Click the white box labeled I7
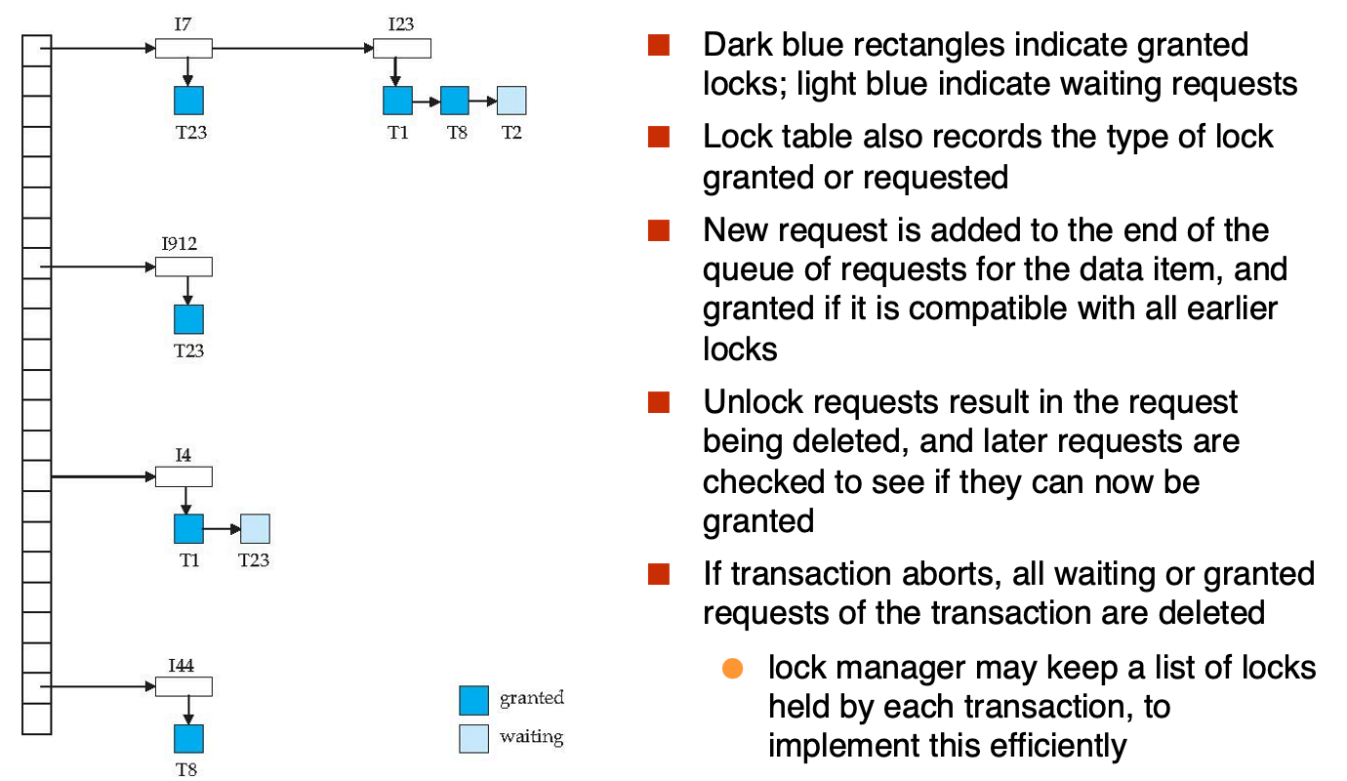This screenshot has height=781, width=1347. (x=184, y=48)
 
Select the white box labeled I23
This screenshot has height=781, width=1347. (x=402, y=48)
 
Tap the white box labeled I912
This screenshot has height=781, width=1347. (x=184, y=267)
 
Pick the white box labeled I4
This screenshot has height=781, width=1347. (x=184, y=476)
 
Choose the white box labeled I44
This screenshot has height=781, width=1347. (x=184, y=686)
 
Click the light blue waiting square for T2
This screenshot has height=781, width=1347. (x=511, y=101)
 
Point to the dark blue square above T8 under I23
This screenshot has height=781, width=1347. (x=455, y=101)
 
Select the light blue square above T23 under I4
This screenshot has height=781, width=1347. (x=255, y=528)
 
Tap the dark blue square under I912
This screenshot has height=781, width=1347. (x=188, y=319)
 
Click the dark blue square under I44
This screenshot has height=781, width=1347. (x=188, y=739)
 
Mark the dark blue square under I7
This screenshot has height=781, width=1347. (x=188, y=101)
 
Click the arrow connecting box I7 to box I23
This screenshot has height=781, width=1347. (x=293, y=48)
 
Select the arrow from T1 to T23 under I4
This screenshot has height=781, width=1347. (x=222, y=529)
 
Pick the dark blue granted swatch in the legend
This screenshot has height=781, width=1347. (x=473, y=700)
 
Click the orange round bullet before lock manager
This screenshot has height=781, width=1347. (x=732, y=668)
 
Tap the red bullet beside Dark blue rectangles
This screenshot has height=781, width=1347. (x=659, y=45)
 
